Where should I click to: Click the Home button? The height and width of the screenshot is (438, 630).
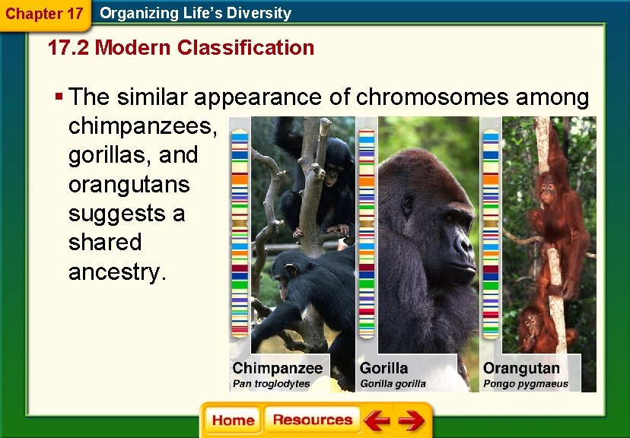click(x=233, y=421)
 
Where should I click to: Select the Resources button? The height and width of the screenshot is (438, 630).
click(x=312, y=421)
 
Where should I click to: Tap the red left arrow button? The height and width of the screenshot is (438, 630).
click(x=376, y=421)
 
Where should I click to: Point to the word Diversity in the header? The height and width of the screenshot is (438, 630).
click(x=256, y=13)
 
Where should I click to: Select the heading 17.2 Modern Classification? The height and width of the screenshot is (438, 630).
click(x=180, y=48)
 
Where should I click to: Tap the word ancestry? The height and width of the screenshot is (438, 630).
click(x=117, y=271)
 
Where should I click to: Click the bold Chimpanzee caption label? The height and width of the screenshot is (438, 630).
click(x=278, y=368)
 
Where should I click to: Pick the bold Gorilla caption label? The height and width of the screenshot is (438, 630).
click(x=383, y=368)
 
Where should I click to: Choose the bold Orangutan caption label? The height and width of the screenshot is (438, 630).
click(x=521, y=368)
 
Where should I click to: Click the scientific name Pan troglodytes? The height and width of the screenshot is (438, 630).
click(x=272, y=384)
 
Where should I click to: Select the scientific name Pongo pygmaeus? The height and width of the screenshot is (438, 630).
click(x=526, y=384)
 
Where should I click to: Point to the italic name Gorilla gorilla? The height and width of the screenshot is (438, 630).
click(x=393, y=384)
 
